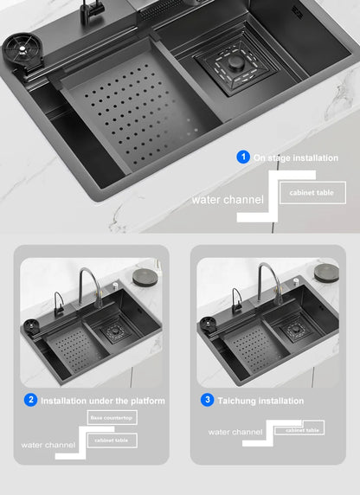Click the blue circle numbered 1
click(x=244, y=157)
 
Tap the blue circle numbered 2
click(x=31, y=401)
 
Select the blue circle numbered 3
click(x=207, y=401)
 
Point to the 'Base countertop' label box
click(x=112, y=418)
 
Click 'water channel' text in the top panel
click(x=228, y=200)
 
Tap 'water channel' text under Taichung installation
click(x=235, y=431)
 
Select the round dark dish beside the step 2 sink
click(x=143, y=276)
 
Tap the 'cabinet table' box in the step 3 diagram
click(x=304, y=429)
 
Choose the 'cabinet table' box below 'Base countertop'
click(x=112, y=440)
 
